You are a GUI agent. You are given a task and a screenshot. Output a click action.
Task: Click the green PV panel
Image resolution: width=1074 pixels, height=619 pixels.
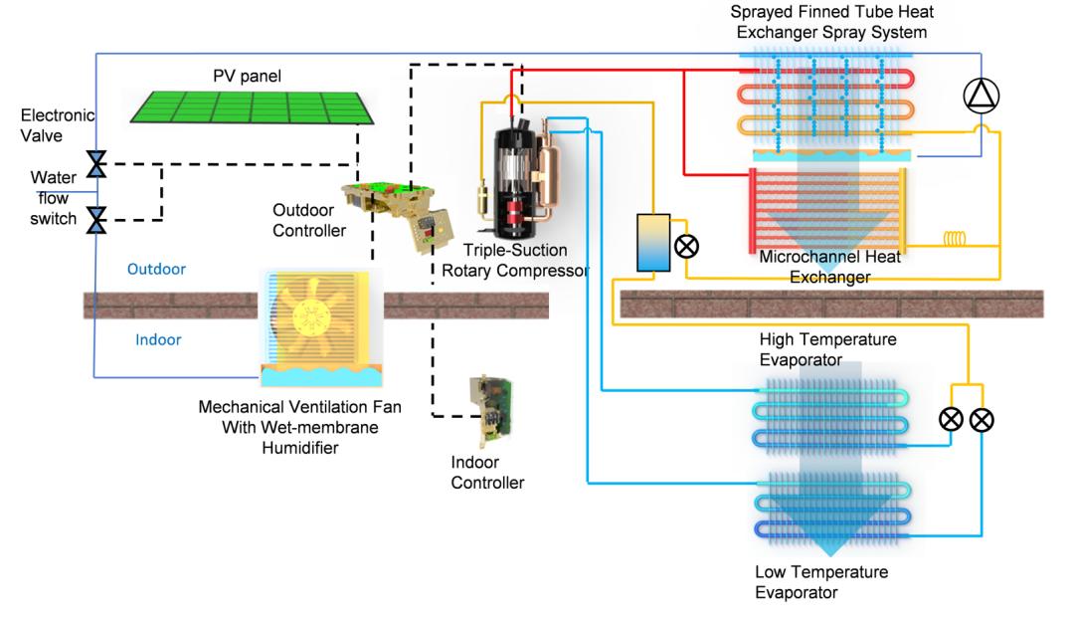[252, 107]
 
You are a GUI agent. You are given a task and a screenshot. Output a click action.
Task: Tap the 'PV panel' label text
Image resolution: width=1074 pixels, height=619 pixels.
[247, 76]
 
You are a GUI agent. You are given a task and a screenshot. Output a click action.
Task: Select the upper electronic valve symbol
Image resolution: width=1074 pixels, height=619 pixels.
[96, 164]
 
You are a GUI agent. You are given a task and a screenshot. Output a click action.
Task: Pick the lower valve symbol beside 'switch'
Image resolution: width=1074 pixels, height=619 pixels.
[96, 220]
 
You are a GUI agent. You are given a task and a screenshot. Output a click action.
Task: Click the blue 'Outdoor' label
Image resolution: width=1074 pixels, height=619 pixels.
[156, 269]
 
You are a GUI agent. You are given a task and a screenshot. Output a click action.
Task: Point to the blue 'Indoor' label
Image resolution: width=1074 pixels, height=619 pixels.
[158, 339]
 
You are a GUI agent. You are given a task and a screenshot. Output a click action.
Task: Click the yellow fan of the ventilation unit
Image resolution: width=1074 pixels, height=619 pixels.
[311, 316]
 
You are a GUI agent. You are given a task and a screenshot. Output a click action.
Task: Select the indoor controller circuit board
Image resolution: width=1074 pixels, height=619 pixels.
[491, 410]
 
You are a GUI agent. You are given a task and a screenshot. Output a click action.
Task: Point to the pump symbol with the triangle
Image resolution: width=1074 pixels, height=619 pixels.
[981, 96]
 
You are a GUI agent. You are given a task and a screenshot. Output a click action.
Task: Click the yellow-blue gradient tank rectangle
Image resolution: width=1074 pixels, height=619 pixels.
[653, 243]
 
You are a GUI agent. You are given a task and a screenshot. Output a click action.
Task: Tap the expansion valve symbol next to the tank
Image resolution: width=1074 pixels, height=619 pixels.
[686, 246]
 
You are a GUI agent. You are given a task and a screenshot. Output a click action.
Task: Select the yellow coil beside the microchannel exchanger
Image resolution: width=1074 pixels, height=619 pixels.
[955, 239]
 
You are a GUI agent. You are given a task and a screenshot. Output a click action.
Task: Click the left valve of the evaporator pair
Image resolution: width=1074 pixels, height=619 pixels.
[951, 419]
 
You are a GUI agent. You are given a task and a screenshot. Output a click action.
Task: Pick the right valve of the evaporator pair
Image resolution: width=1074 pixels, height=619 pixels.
[982, 420]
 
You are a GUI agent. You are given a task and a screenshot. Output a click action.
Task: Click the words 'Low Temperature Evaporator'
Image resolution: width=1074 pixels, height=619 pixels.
[821, 582]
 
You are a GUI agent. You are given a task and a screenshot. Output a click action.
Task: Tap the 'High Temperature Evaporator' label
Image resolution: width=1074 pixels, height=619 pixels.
[827, 349]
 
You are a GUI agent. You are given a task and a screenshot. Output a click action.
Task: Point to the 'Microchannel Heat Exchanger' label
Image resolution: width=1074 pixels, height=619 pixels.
[829, 267]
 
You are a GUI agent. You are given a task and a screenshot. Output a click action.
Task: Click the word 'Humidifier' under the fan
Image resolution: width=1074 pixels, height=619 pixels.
[300, 448]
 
